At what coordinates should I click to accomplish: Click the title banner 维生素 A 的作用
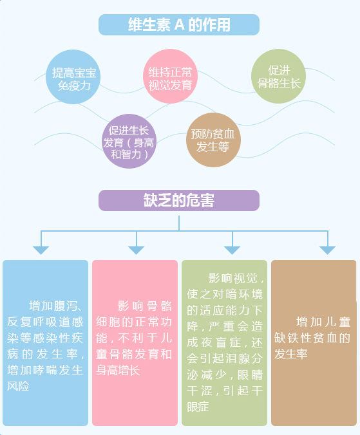179,24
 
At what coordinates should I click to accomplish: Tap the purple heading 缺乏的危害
179,200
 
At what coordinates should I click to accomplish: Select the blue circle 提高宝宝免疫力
73,77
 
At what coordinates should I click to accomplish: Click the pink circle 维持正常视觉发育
170,77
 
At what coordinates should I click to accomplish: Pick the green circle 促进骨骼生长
278,77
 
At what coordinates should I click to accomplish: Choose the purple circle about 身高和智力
129,141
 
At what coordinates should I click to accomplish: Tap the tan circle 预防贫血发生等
213,140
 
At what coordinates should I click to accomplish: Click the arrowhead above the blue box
41,250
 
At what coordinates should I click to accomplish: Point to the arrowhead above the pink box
136,250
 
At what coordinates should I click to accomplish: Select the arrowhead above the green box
232,250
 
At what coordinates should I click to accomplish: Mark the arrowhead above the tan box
328,250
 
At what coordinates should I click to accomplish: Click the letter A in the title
179,24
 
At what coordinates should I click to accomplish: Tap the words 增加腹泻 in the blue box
51,306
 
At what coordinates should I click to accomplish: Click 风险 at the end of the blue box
18,386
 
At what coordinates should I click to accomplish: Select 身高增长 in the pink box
118,371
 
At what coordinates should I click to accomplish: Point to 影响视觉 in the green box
233,278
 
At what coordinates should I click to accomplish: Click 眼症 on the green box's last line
198,407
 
